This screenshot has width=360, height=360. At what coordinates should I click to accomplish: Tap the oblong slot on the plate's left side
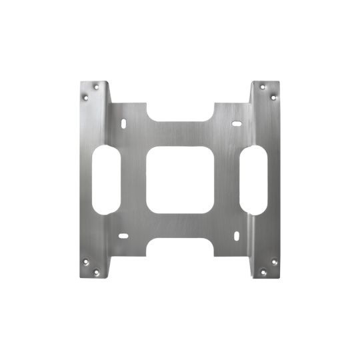pos(107,179)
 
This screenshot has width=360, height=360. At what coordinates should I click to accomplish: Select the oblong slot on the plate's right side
pos(254,179)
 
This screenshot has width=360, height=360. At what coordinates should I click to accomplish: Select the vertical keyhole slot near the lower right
pos(235,233)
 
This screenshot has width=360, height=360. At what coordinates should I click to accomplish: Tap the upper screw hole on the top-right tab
pos(263,86)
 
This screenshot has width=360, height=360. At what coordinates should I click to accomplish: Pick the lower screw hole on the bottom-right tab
pos(263,271)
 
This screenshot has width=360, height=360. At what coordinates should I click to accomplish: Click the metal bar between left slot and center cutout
pos(133,179)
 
